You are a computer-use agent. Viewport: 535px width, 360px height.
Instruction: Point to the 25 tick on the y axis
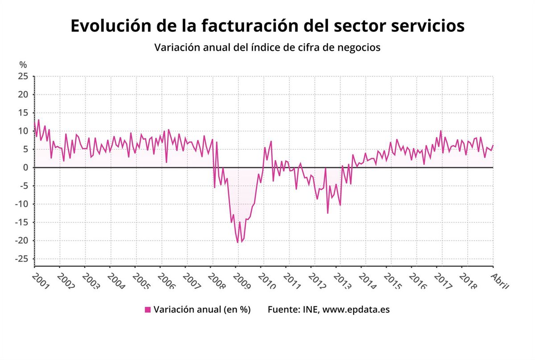click(24, 76)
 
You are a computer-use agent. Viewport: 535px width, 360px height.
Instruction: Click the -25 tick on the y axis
click(22, 259)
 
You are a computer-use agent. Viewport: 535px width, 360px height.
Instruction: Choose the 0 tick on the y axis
click(26, 168)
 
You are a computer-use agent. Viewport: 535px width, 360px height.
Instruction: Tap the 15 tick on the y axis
click(24, 113)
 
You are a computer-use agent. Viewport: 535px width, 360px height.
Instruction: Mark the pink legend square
click(148, 310)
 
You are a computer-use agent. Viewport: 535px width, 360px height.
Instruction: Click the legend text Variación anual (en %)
click(202, 310)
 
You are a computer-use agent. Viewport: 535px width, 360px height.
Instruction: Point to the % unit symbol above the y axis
click(23, 65)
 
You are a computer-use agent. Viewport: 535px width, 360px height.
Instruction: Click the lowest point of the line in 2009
click(238, 242)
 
